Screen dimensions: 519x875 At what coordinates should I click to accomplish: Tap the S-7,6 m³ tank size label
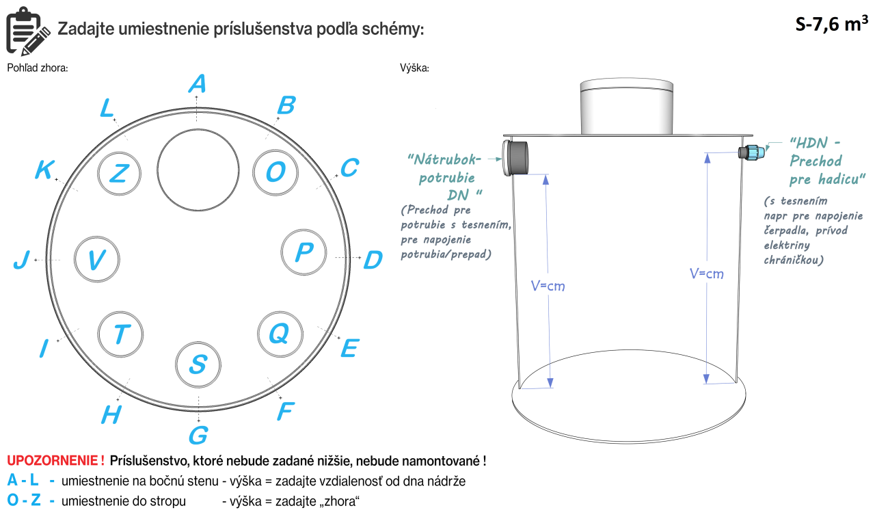831,25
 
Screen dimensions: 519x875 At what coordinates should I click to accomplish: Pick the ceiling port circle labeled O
275,172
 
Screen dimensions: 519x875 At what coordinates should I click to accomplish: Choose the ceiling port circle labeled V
97,259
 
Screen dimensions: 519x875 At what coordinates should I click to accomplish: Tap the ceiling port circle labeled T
121,334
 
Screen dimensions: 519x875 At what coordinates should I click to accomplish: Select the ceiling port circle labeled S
199,364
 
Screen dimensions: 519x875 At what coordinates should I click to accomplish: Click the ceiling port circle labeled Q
279,334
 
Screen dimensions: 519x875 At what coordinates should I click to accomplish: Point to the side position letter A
197,84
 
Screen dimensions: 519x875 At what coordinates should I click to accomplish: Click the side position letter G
198,435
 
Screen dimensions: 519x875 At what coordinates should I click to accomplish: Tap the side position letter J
22,261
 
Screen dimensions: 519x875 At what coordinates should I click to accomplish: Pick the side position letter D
373,260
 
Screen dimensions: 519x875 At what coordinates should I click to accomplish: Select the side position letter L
107,108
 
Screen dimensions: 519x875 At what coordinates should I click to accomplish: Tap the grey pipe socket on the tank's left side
519,157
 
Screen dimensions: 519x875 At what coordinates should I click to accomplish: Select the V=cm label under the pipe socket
548,286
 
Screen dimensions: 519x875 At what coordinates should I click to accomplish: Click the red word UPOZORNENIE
55,461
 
